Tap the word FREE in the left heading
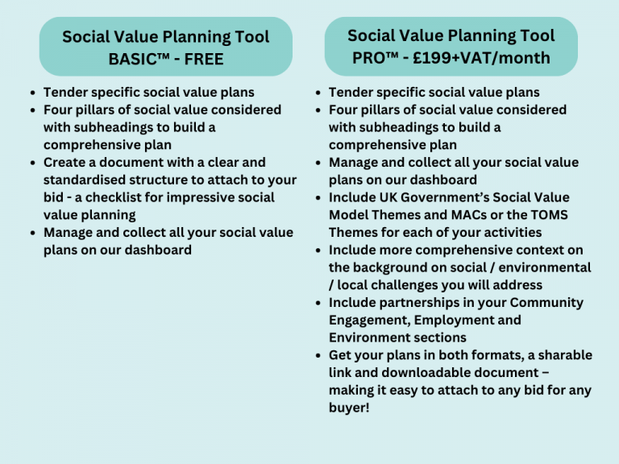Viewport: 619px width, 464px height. click(x=204, y=59)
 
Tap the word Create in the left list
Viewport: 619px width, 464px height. click(x=64, y=163)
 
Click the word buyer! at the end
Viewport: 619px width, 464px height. click(x=350, y=408)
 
